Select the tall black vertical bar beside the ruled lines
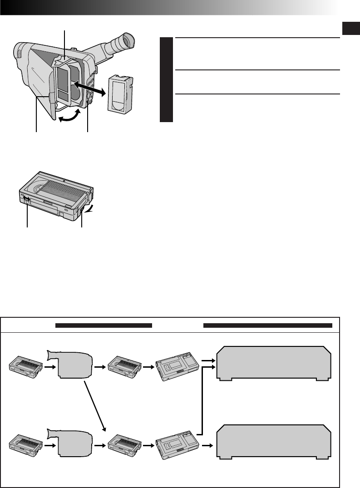(x=167, y=80)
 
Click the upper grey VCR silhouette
(x=274, y=363)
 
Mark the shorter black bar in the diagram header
(x=103, y=325)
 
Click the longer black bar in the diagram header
(x=268, y=325)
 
